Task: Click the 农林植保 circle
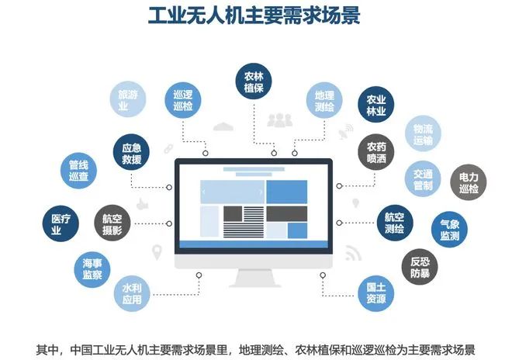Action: (x=254, y=81)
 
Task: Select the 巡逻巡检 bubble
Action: (x=183, y=100)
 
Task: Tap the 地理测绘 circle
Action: (x=324, y=101)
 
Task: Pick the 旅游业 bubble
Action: (x=128, y=99)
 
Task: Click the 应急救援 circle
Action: (x=131, y=153)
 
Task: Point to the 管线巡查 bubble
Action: (x=78, y=171)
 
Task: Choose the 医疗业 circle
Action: (x=61, y=223)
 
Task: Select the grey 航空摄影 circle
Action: (x=112, y=223)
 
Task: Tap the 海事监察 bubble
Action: (x=92, y=269)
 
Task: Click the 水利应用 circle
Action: (x=132, y=293)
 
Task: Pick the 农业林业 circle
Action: (x=376, y=105)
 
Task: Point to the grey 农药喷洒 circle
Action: (x=376, y=152)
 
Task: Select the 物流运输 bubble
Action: (x=424, y=133)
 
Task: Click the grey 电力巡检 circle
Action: (x=469, y=182)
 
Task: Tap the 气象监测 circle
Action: (x=449, y=230)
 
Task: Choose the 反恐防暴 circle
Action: (x=420, y=267)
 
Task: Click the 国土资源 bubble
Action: (x=376, y=293)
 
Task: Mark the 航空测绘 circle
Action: (x=394, y=223)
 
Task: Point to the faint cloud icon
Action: (x=223, y=126)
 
